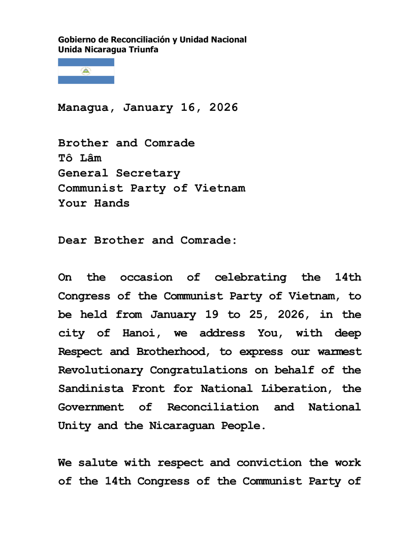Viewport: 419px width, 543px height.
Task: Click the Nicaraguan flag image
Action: point(86,71)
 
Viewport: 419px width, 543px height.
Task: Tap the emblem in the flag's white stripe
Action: point(86,71)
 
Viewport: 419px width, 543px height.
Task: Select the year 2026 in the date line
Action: point(223,108)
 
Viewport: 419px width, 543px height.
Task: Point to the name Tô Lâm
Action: point(79,158)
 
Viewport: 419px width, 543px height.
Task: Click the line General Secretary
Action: point(119,173)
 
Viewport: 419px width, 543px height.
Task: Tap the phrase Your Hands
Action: point(93,203)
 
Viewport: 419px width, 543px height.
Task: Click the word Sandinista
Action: point(90,388)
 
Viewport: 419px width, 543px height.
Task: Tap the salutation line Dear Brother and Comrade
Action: point(147,240)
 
